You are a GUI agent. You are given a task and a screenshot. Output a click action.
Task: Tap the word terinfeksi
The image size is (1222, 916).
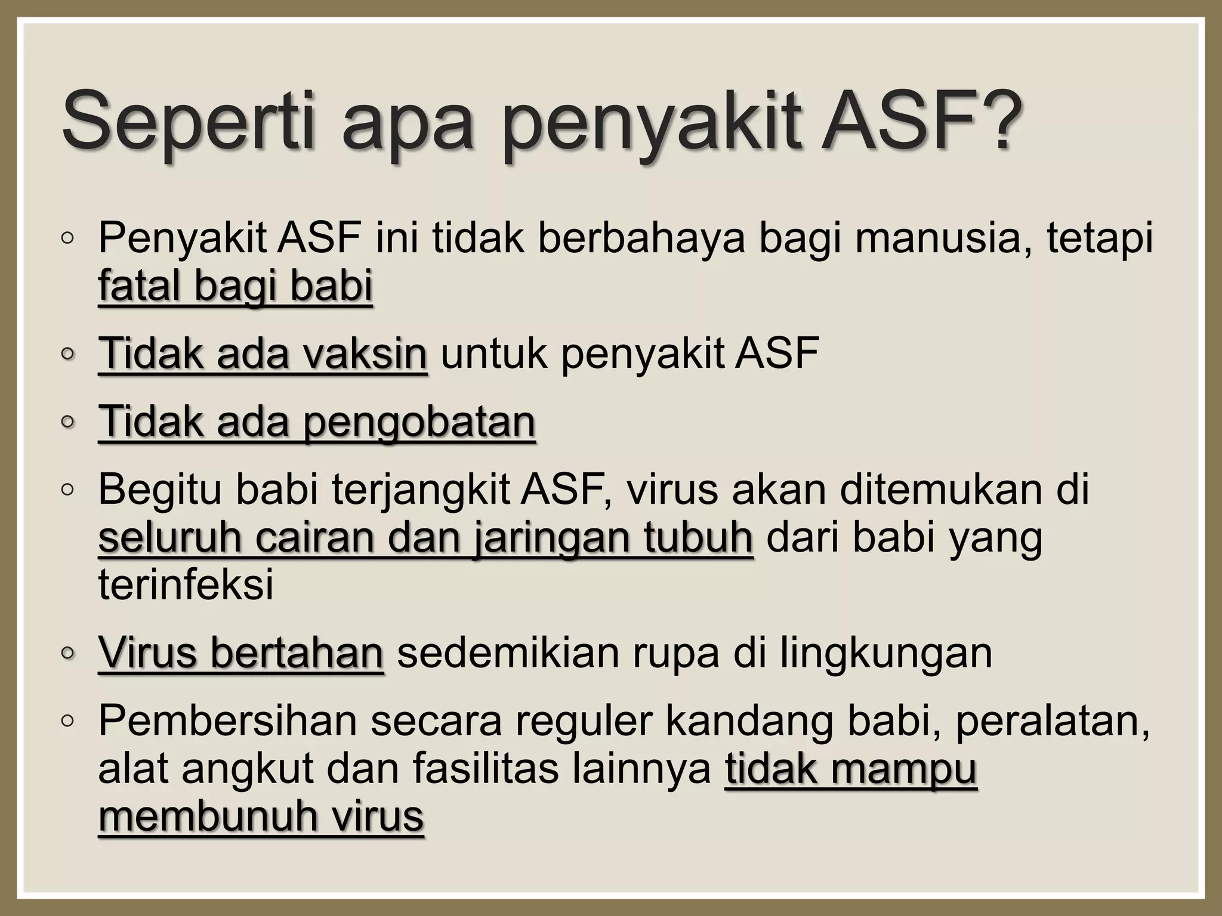pyautogui.click(x=186, y=584)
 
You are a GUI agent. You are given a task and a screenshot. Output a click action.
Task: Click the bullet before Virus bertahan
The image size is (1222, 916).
pyautogui.click(x=67, y=654)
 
